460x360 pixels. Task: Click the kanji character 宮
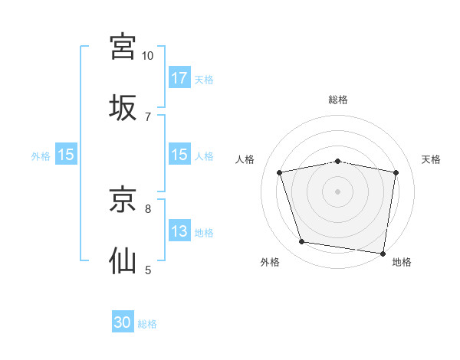point(123,47)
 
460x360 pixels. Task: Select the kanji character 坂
point(123,108)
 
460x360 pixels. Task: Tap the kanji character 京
point(123,200)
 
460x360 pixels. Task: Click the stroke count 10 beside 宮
point(147,56)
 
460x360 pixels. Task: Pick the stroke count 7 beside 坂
point(147,116)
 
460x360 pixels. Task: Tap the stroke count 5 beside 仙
point(147,270)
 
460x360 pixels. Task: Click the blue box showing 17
point(179,78)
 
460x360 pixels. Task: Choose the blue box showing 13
point(179,231)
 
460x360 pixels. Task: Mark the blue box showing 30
point(123,323)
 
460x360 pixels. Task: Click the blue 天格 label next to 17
point(204,80)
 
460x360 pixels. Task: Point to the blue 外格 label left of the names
point(41,156)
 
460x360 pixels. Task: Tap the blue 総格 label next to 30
point(147,325)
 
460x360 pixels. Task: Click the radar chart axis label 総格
point(337,100)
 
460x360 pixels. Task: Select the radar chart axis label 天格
point(431,159)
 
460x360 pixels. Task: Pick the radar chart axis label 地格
point(402,262)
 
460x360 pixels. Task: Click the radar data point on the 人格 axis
point(280,172)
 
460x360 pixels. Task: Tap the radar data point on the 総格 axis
point(337,161)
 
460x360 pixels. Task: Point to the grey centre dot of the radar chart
point(337,191)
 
